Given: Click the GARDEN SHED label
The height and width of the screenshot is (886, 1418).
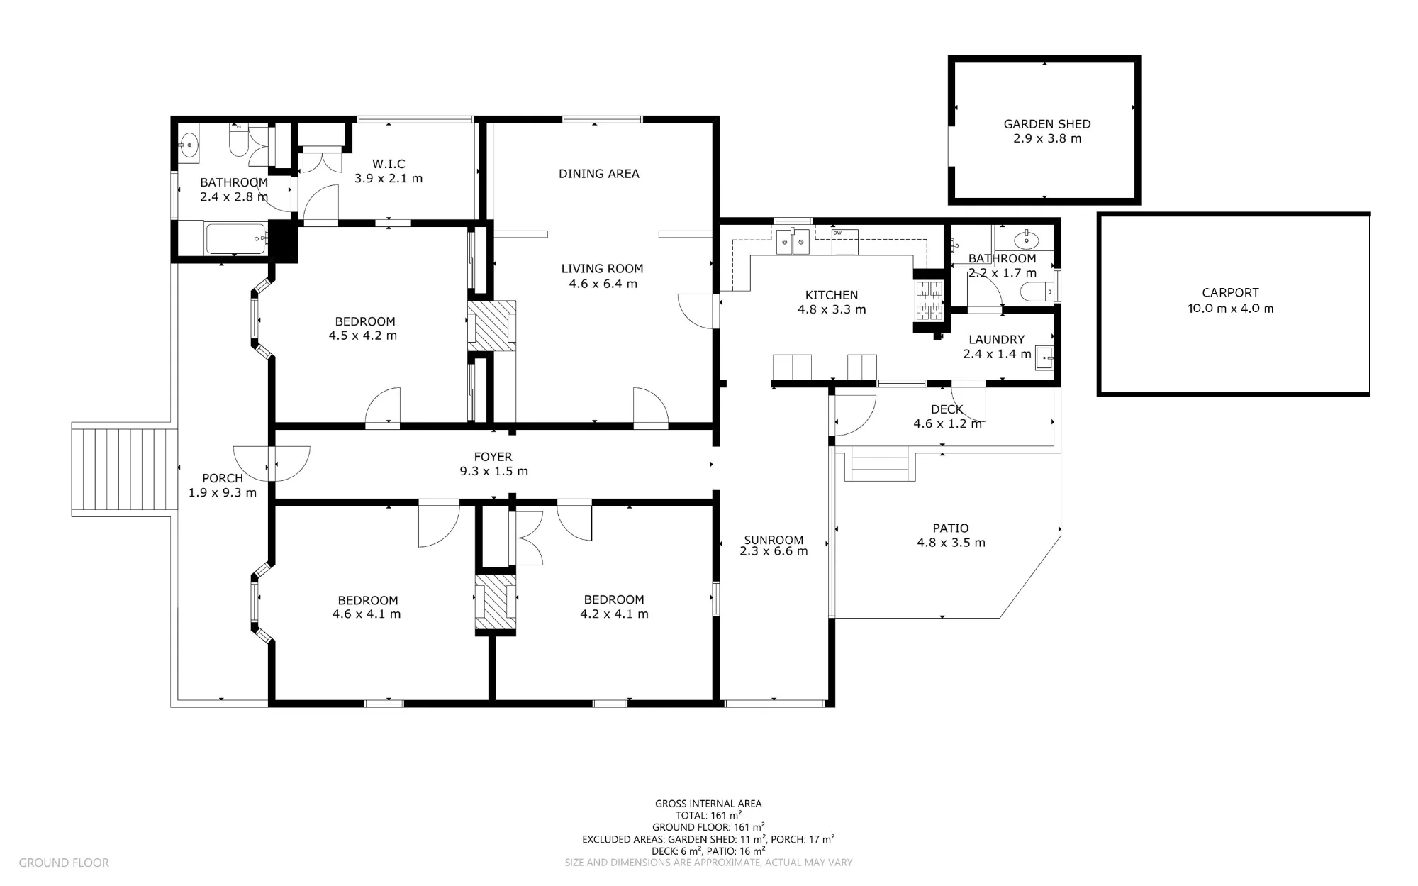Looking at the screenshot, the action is (1046, 124).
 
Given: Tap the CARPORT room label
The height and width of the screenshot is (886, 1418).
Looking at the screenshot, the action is (1230, 292).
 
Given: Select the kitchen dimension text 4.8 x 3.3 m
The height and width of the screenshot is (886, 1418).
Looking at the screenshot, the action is (832, 309).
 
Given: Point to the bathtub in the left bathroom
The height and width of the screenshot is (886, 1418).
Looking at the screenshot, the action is (235, 239).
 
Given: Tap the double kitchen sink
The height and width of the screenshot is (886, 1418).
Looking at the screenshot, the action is (793, 241).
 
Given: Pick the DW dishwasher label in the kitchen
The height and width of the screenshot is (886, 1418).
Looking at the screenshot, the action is (837, 233).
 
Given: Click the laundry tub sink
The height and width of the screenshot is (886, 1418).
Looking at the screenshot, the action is (1044, 358).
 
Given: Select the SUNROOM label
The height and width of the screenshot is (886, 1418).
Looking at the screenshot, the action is (774, 540).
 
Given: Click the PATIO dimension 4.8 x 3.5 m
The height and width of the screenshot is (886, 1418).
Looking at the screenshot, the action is (951, 543).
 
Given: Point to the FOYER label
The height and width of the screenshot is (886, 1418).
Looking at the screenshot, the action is (493, 457).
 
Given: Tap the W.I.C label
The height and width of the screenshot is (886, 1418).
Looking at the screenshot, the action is (389, 164).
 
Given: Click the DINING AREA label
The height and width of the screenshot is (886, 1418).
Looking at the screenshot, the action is (599, 173).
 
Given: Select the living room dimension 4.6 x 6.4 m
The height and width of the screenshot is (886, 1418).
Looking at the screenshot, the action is (603, 284).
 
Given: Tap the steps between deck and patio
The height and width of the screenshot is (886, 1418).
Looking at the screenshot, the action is (880, 464).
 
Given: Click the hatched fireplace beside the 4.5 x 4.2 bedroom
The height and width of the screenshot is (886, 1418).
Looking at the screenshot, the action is (491, 326).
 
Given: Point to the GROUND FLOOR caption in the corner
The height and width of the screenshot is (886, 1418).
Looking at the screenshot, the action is (64, 863).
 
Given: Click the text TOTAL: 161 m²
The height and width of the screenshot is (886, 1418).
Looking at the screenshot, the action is (708, 815).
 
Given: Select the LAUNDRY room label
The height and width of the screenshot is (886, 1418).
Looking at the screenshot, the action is (996, 340).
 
